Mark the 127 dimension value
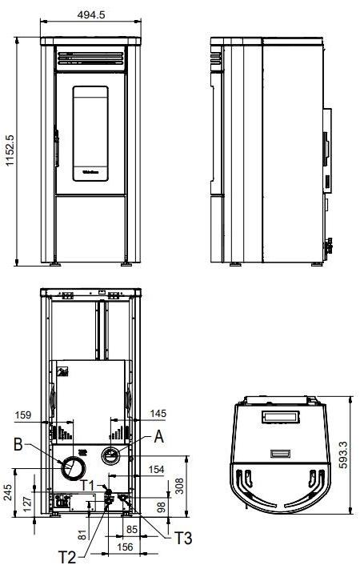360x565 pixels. (x=26, y=503)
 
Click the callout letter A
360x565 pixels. (x=158, y=438)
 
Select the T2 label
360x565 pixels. (x=70, y=556)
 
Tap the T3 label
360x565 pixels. (x=183, y=538)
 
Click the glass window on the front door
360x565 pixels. (x=92, y=133)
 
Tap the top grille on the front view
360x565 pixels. (x=92, y=58)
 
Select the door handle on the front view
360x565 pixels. (x=56, y=147)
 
